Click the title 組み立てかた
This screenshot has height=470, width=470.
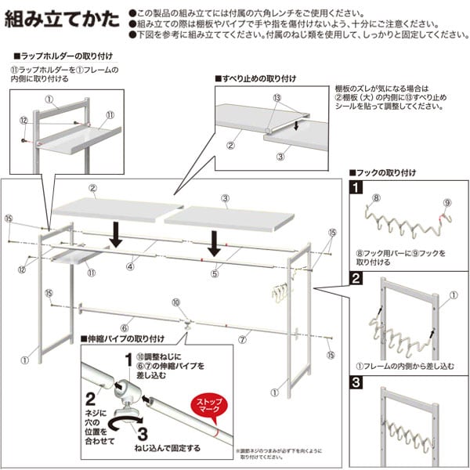63,20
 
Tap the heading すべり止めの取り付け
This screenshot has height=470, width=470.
258,80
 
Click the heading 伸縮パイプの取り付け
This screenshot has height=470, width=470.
125,338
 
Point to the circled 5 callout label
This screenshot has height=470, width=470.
212,275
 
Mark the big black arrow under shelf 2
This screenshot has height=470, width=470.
114,234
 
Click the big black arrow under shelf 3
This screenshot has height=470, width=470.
211,244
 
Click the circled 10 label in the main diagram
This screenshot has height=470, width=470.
175,302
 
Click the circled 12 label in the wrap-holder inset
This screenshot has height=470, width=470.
23,120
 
